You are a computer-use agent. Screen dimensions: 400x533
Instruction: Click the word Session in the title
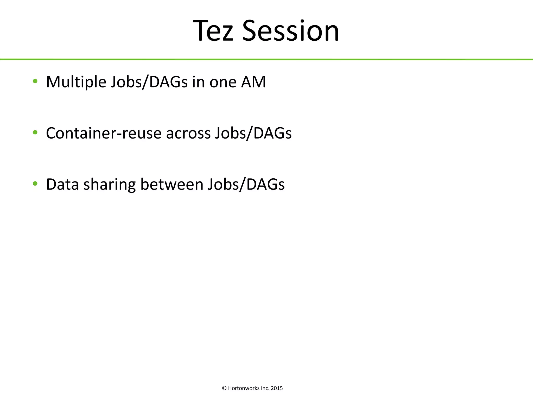pos(290,31)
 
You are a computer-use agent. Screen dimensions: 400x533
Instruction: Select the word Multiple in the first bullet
pos(76,82)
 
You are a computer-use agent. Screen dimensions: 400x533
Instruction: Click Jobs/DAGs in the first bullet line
pos(149,82)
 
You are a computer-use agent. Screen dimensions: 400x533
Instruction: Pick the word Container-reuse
pos(104,133)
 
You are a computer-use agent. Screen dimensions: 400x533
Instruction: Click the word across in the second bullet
pos(188,133)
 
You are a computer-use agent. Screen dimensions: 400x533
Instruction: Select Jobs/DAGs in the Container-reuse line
pos(253,133)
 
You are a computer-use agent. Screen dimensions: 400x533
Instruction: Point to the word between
pos(172,184)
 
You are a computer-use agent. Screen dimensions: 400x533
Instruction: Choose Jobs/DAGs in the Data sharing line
pos(246,184)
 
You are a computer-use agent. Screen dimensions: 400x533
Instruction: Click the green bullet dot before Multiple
pos(35,81)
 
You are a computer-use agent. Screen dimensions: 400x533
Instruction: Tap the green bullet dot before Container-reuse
pos(35,133)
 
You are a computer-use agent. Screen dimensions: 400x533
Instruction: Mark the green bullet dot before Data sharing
pos(35,184)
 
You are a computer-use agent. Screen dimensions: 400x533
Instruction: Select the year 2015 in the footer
pos(277,388)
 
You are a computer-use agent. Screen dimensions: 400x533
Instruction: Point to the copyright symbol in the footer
pos(224,388)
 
